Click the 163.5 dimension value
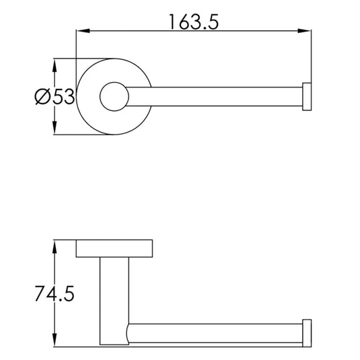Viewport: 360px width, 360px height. coord(194,22)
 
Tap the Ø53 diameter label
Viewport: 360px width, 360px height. coord(55,96)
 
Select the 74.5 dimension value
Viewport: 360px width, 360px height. coord(55,293)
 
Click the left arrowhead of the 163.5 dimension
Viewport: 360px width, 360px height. coord(83,31)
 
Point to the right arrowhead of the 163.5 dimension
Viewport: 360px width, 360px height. coord(305,31)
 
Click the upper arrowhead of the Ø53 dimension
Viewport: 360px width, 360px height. coord(55,66)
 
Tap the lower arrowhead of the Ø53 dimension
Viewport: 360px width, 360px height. coord(55,128)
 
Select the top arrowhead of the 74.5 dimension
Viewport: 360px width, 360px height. coord(55,247)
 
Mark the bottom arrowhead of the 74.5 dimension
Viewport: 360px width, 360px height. coord(55,340)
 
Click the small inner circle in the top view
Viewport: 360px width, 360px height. coord(114,82)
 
